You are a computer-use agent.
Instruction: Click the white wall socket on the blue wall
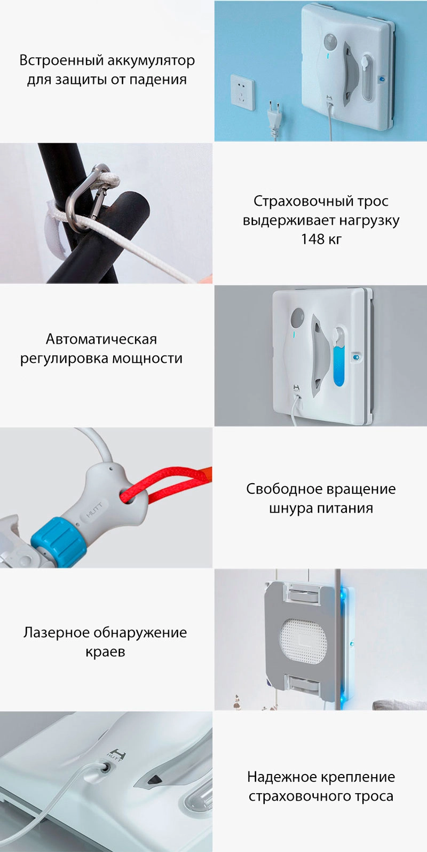242,92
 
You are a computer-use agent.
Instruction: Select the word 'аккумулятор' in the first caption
151,61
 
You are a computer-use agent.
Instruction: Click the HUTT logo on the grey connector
94,510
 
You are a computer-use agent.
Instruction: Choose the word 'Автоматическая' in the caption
101,339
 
